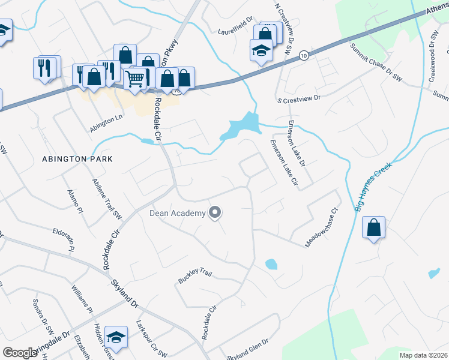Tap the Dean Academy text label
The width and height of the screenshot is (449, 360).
177,213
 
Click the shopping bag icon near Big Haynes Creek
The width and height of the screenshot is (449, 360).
374,227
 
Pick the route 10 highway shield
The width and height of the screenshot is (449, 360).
304,55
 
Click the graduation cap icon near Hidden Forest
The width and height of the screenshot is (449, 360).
116,337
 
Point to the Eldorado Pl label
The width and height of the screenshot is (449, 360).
64,239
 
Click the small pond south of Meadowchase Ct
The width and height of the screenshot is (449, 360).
271,264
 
